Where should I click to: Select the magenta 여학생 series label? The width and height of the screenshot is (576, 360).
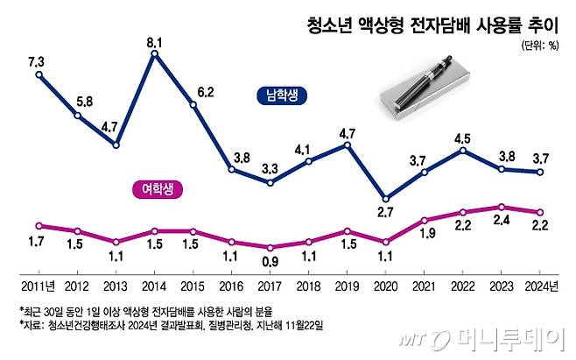(158, 187)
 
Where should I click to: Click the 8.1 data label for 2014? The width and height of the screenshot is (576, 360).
(154, 39)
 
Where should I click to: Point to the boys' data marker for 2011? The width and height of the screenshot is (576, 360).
(39, 74)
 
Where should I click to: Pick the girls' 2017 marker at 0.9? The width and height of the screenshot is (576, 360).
(270, 248)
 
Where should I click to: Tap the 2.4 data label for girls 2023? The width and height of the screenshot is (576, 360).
(501, 222)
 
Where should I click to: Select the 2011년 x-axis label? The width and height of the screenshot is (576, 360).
(39, 285)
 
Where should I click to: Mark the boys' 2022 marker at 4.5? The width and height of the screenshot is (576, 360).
(463, 151)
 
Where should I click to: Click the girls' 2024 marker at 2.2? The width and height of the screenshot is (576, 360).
(540, 212)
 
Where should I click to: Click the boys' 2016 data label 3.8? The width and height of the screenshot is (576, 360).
(232, 156)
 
